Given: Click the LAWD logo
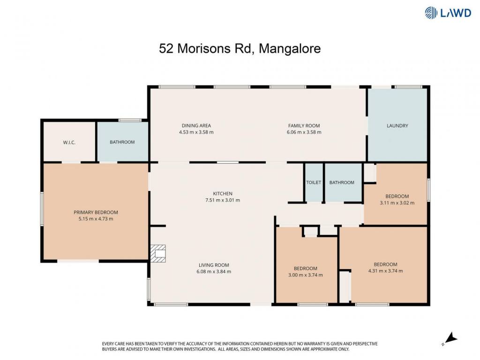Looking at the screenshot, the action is click(448, 13).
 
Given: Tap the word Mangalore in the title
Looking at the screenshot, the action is click(290, 49).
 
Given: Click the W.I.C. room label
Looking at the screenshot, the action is click(69, 142).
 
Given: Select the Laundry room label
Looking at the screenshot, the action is click(397, 126).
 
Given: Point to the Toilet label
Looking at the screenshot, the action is click(314, 182).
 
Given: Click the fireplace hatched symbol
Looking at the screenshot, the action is click(158, 254).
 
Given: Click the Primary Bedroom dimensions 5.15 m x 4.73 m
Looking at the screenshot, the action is click(96, 219).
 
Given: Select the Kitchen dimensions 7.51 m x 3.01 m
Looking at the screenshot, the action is click(223, 200).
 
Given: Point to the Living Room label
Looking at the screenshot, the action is click(214, 265).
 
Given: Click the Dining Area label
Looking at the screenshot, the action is click(196, 126).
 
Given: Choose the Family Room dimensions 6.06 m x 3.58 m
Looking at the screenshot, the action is click(304, 132).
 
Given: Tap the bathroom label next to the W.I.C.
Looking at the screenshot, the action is click(122, 142).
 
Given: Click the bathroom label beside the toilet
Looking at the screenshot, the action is click(342, 182).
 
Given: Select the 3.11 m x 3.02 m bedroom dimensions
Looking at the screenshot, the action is click(397, 202).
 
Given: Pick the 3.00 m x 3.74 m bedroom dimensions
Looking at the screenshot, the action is click(306, 275).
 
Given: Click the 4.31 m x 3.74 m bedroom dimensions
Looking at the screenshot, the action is click(385, 271).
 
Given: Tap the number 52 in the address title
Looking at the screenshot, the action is click(166, 49).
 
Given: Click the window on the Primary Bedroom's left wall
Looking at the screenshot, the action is click(42, 209).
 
